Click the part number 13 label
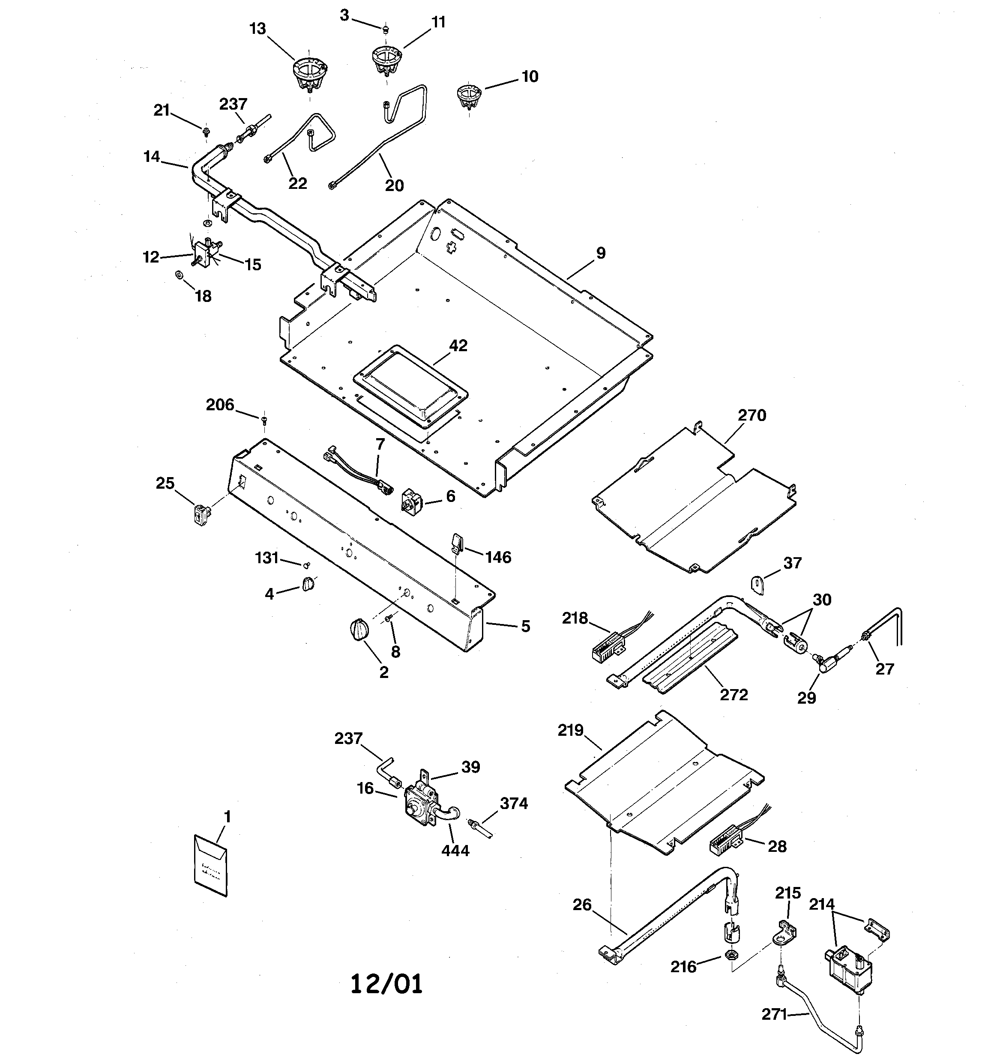(x=257, y=29)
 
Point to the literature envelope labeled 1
(x=210, y=865)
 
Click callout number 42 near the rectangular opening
(x=458, y=346)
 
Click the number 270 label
(x=752, y=415)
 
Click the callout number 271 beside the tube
(x=774, y=1015)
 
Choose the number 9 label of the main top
(x=601, y=253)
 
